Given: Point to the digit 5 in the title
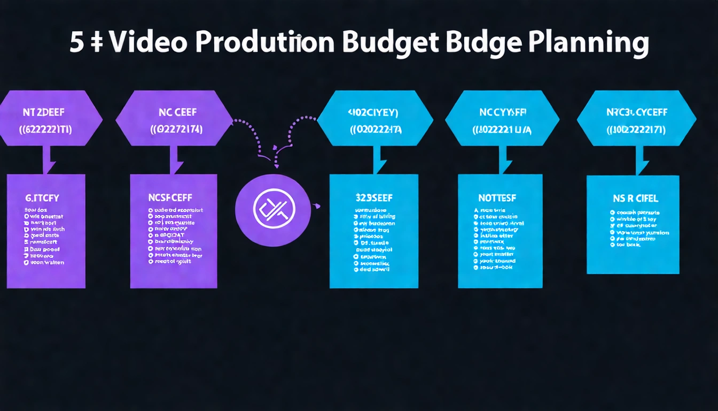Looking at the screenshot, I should pos(77,43).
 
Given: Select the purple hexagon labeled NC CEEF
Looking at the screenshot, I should pos(174,118).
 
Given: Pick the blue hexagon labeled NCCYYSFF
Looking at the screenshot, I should pos(502,118).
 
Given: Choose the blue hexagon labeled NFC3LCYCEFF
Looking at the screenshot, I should pos(636,118).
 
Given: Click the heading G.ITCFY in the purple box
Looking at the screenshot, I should pos(42,198).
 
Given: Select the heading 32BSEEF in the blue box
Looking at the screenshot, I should pos(373,198).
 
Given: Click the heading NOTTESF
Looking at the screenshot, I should pos(499,198).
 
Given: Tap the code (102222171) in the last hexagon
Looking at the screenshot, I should pos(636,130).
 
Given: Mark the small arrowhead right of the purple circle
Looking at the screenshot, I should pos(317,205).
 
